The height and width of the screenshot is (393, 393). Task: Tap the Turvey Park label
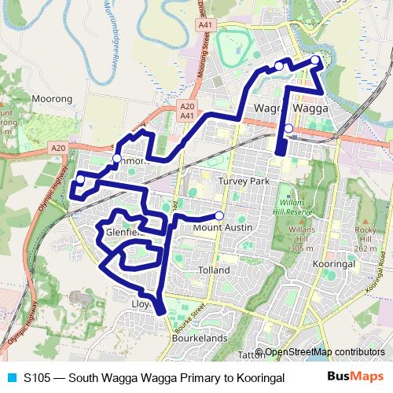(x=243, y=181)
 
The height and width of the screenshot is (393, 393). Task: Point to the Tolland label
(x=214, y=270)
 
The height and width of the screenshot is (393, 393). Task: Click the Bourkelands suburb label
(x=199, y=339)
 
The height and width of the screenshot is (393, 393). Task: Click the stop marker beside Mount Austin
(x=219, y=216)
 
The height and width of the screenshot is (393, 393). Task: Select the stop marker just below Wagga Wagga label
(x=288, y=128)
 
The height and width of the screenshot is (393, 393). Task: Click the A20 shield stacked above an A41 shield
(x=186, y=106)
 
